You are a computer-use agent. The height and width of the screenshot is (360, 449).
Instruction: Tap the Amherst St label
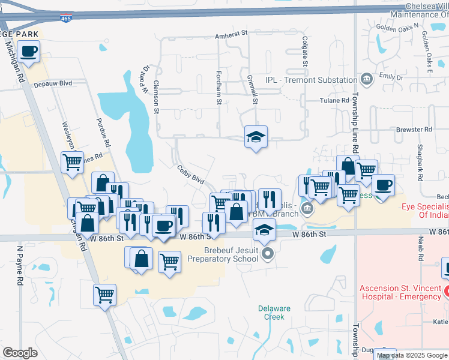(232, 35)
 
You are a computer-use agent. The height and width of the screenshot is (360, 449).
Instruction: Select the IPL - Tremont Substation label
(312, 80)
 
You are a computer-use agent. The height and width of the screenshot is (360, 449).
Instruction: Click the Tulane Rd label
(334, 101)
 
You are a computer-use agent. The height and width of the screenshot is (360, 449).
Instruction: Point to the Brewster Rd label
(414, 129)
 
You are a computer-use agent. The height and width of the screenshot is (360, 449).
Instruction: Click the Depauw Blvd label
(53, 83)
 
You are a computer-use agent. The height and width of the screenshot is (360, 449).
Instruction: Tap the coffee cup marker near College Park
(29, 52)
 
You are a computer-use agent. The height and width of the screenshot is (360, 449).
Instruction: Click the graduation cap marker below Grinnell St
(256, 137)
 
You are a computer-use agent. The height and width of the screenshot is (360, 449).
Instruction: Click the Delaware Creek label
(274, 313)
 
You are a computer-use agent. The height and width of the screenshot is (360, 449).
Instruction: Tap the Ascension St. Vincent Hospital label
(400, 292)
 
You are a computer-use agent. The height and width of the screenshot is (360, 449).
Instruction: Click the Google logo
(20, 352)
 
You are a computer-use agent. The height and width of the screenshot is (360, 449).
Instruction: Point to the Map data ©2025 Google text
(412, 356)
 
